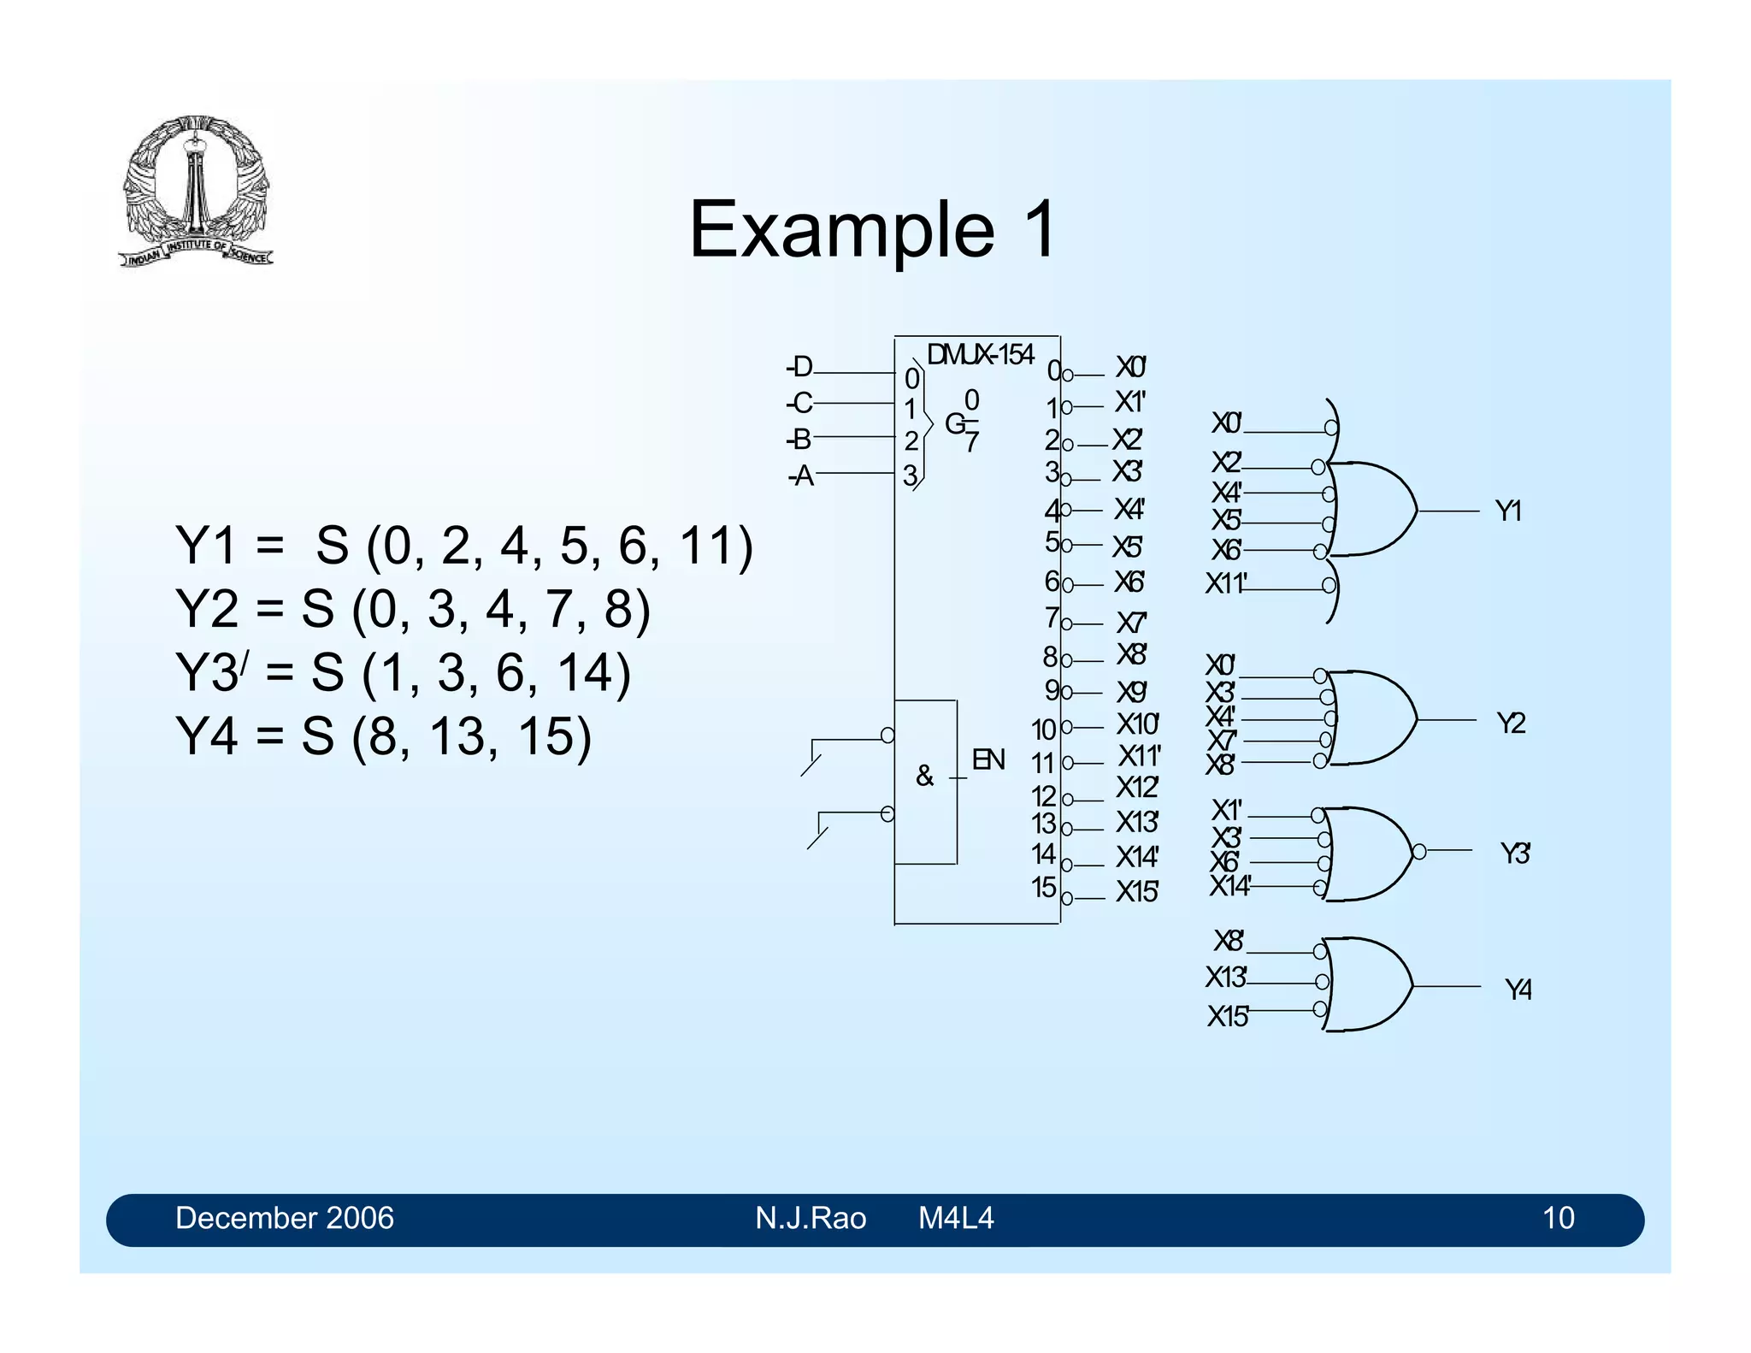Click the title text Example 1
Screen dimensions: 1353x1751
[x=872, y=229]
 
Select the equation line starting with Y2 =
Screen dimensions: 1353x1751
[x=412, y=609]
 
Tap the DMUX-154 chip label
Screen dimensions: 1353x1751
[x=980, y=354]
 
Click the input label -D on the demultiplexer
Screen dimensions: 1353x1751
[x=800, y=368]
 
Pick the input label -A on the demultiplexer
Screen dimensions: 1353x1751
[x=801, y=476]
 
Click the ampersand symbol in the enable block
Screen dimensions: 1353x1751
[x=924, y=776]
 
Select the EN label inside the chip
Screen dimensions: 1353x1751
[x=988, y=759]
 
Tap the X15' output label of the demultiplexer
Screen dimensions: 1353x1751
[x=1136, y=892]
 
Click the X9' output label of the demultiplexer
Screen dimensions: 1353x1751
[x=1131, y=692]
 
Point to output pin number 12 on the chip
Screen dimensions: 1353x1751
[x=1043, y=796]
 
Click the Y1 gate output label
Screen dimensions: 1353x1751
[x=1508, y=511]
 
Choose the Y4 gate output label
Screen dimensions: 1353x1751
[x=1518, y=990]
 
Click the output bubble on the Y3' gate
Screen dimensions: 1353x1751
[x=1419, y=851]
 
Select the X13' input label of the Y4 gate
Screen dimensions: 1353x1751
[x=1226, y=977]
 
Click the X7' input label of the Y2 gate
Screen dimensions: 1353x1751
[x=1222, y=740]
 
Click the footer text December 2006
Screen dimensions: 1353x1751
[x=284, y=1218]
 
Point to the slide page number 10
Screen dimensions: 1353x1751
[x=1558, y=1218]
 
